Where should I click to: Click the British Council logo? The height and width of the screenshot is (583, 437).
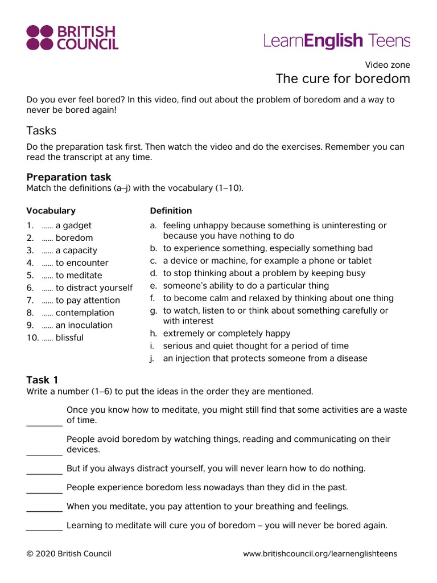[x=72, y=38]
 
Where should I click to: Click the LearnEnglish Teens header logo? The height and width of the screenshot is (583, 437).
[x=336, y=40]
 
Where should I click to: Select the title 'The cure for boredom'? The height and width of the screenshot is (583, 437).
[x=343, y=79]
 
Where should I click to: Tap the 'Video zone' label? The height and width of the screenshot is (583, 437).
[x=387, y=65]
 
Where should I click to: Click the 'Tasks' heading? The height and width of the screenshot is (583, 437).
[x=42, y=130]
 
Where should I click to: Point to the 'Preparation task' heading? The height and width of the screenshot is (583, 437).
[x=69, y=177]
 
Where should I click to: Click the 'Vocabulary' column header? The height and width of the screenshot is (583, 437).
[x=51, y=211]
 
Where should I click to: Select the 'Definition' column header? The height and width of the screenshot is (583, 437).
[x=171, y=211]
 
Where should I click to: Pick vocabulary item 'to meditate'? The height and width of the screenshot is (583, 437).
[x=79, y=276]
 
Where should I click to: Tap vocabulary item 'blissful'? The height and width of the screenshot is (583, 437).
[x=69, y=338]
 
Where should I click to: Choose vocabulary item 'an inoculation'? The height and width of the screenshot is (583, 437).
[x=84, y=326]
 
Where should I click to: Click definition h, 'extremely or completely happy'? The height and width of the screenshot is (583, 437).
[x=226, y=334]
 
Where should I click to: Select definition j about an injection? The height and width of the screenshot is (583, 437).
[x=265, y=359]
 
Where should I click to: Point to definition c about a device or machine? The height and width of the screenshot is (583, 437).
[x=267, y=261]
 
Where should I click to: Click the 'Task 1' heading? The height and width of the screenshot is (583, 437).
[x=42, y=380]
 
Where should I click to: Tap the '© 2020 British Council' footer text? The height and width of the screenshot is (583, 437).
[x=69, y=554]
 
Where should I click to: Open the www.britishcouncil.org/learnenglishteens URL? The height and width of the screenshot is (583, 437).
[x=320, y=554]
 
